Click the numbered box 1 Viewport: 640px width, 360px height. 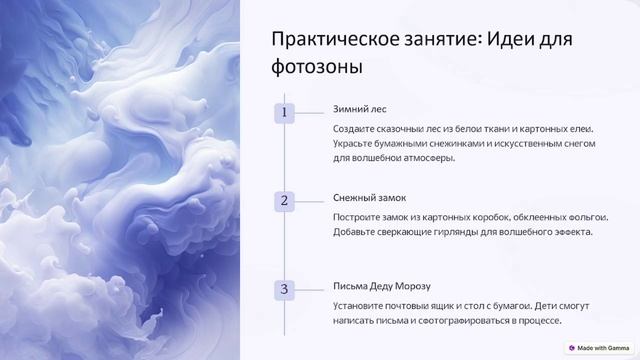point(284,113)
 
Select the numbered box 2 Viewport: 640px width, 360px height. point(284,201)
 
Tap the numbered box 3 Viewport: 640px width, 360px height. point(284,289)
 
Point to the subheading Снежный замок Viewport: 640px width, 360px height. point(369,198)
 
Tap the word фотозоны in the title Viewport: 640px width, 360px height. point(316,67)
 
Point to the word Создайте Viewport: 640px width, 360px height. point(355,129)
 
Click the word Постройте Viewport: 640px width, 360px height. point(360,217)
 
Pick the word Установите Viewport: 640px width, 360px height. point(362,305)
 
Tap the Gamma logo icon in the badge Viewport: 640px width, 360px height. point(572,347)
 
